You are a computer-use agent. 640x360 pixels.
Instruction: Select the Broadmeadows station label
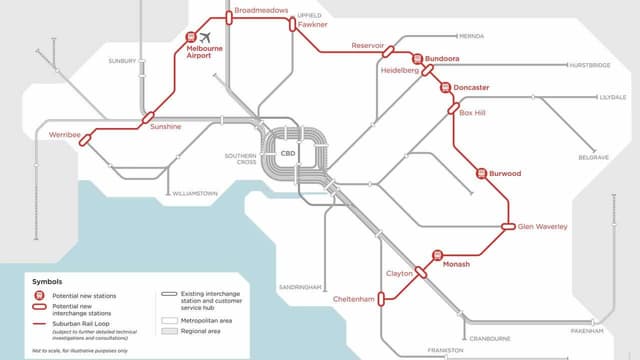tap(261, 10)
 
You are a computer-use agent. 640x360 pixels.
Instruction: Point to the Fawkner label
tap(311, 25)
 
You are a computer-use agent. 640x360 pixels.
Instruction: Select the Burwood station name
tap(504, 174)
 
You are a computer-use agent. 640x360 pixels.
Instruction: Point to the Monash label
tap(455, 264)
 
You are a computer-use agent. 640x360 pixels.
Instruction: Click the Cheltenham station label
tap(355, 299)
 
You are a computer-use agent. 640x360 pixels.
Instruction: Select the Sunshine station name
tap(166, 128)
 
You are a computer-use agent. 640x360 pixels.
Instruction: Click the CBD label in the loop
tap(299, 154)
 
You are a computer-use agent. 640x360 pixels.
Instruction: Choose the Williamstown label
tap(196, 192)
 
